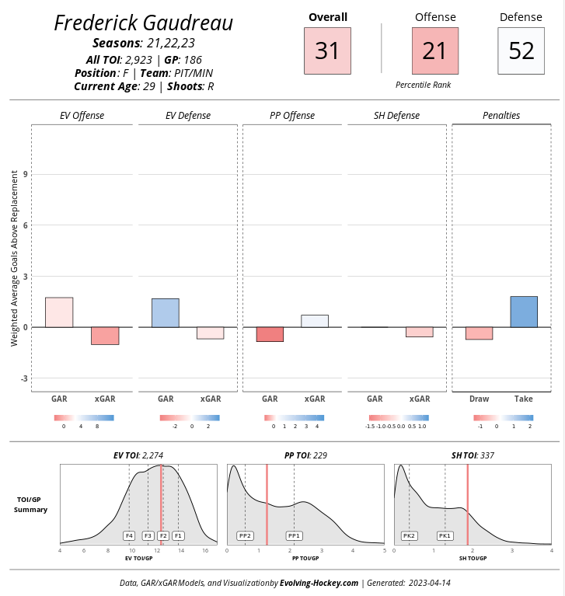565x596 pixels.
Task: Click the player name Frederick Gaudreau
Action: [x=144, y=23]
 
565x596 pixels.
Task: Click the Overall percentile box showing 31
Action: [x=327, y=51]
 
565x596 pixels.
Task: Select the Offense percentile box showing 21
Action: [x=434, y=51]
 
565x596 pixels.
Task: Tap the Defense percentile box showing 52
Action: [x=521, y=51]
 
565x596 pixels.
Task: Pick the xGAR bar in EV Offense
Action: [x=105, y=336]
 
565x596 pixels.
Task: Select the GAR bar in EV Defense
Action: [x=166, y=313]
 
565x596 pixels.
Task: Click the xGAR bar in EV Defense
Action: [x=210, y=333]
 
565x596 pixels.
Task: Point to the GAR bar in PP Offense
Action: [x=270, y=334]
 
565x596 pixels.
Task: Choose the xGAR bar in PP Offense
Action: [x=315, y=321]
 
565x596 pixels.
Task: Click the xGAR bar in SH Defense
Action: [x=420, y=332]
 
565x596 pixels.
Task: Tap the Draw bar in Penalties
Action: [x=479, y=333]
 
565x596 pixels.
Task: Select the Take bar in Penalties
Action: [x=524, y=312]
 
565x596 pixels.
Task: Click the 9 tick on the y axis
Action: [x=26, y=174]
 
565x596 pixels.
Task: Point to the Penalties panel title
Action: [x=501, y=116]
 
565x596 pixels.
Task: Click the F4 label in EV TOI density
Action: [x=129, y=535]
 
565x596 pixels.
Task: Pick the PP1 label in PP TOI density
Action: [x=294, y=535]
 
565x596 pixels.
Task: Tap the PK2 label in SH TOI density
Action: [x=409, y=535]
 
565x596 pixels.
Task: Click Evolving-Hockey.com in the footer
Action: [x=320, y=583]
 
